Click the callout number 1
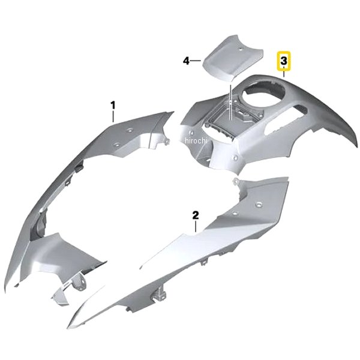pos(113,106)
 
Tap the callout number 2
pos(196,215)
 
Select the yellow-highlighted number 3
pos(284,61)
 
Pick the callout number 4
pos(186,61)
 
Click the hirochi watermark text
pos(196,140)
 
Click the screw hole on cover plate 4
pos(241,49)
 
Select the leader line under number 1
pos(113,116)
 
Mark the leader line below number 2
pos(196,226)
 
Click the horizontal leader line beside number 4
pos(196,61)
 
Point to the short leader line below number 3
pos(284,72)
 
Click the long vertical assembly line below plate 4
pos(230,102)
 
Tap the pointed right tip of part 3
pos(357,146)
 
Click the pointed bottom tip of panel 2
pos(68,328)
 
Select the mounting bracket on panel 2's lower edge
pos(158,295)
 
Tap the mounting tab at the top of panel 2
pos(235,181)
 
